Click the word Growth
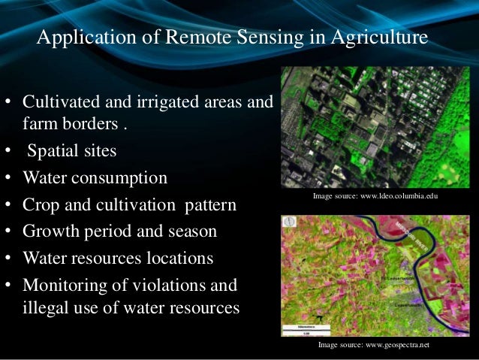[49, 231]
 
